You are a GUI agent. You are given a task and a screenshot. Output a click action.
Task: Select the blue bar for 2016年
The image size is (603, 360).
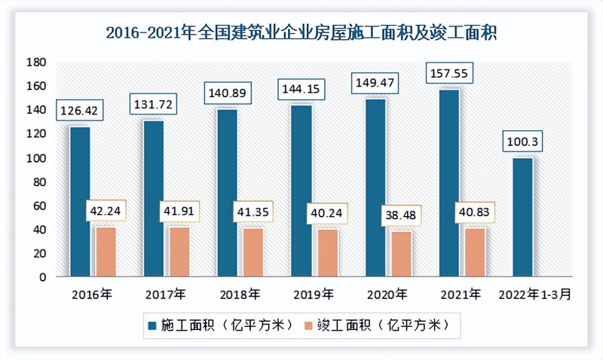(80, 202)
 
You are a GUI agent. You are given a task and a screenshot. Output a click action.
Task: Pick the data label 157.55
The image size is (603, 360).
(450, 75)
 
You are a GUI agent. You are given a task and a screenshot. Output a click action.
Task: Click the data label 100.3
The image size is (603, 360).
(522, 142)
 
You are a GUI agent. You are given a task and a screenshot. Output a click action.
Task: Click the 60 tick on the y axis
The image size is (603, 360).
(38, 205)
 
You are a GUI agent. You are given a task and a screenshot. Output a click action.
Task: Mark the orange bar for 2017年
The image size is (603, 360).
(178, 252)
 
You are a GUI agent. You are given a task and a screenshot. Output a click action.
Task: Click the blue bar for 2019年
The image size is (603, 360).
(300, 191)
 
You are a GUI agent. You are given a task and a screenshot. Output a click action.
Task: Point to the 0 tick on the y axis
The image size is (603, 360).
(41, 276)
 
